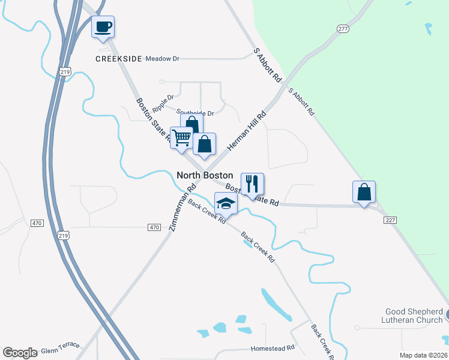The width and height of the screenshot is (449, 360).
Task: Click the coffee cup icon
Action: [103, 26]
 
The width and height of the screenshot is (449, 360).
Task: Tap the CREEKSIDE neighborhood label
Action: [119, 59]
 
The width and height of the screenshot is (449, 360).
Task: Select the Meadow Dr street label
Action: [163, 59]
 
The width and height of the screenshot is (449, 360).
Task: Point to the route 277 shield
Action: [343, 29]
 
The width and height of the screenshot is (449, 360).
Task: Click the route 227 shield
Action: [391, 220]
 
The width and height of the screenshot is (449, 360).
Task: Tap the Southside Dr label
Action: [195, 113]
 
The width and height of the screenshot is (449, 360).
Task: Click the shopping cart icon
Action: [181, 137]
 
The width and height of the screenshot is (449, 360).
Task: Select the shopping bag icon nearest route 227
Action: [364, 192]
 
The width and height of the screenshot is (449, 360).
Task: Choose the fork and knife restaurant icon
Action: [252, 184]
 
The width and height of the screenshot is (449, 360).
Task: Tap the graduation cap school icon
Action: [226, 203]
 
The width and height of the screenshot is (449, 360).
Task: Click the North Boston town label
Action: [205, 175]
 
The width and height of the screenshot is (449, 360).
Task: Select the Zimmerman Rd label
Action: [182, 207]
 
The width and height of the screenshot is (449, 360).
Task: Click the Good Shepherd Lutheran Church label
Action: [413, 316]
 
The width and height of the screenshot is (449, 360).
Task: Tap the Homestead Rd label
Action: [273, 348]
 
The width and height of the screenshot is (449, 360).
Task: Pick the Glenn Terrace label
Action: [60, 347]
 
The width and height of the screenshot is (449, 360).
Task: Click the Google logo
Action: [20, 353]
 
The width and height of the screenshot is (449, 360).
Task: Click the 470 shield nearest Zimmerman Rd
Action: [154, 227]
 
